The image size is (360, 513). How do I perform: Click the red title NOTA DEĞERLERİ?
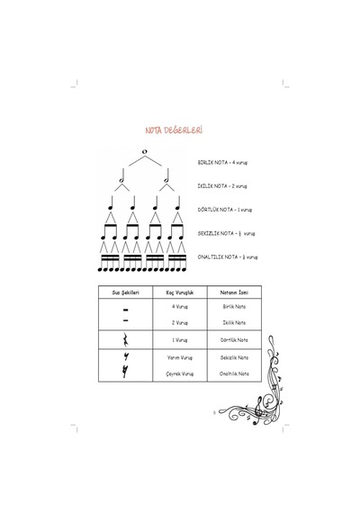(174, 130)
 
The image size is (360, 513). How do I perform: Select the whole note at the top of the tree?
(145, 151)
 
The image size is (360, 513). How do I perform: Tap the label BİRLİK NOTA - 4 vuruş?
(222, 162)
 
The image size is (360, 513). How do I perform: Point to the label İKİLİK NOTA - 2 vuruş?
(222, 185)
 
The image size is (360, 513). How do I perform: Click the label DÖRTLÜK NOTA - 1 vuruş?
(224, 210)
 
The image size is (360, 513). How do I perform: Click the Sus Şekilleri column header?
(125, 292)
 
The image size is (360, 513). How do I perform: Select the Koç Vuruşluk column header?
(180, 292)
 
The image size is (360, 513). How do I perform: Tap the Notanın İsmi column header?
(234, 292)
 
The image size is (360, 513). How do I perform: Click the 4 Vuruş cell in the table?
(180, 307)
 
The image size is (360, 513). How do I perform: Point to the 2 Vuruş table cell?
(180, 322)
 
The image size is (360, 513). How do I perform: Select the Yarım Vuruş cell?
(180, 357)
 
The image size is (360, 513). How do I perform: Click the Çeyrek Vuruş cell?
(180, 373)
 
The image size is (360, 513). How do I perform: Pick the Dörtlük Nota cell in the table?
(234, 340)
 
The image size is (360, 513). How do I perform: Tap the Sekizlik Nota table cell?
(234, 357)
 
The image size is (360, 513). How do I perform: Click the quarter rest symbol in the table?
(125, 339)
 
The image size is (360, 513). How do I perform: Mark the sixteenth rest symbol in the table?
(125, 372)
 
